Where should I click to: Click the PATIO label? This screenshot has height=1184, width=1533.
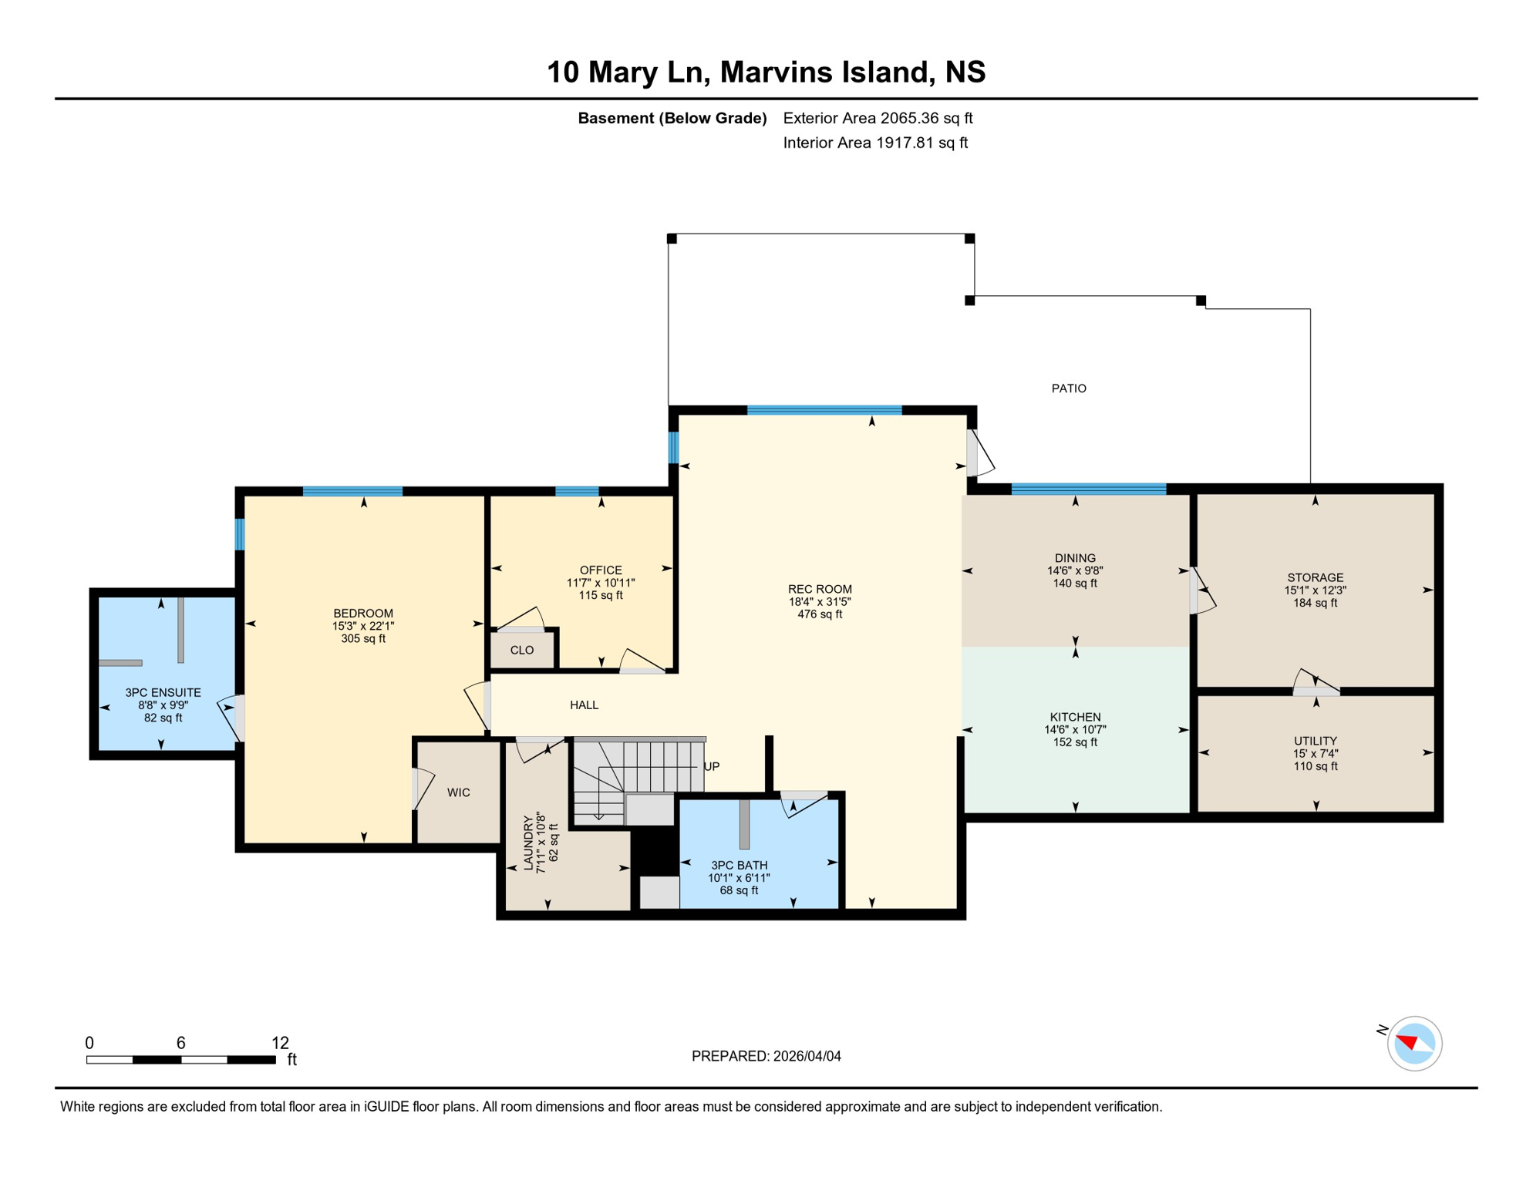1069,388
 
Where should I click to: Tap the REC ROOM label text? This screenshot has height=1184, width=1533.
820,589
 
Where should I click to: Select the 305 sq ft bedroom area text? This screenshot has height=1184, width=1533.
363,639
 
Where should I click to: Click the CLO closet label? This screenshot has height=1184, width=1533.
522,650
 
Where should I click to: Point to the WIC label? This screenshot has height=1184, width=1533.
459,792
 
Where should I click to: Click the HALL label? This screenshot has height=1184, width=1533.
585,705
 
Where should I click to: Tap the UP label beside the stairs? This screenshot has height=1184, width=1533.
712,766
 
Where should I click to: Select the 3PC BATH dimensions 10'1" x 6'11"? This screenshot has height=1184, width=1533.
739,878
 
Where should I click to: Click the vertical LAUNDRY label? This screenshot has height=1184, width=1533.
528,843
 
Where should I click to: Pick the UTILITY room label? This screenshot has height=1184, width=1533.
1316,741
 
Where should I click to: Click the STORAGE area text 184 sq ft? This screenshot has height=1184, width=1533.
1316,603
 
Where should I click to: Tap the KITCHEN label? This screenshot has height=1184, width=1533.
1075,717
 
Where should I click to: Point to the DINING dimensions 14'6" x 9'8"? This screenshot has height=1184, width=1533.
1075,571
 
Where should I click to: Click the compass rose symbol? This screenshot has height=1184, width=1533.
1414,1044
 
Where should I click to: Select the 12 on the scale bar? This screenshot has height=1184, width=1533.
280,1043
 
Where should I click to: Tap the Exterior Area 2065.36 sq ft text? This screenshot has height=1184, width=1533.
878,118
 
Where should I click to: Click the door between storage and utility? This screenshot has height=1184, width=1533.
1316,684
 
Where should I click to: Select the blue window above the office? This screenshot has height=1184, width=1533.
577,491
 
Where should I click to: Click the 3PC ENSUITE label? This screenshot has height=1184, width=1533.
163,692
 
